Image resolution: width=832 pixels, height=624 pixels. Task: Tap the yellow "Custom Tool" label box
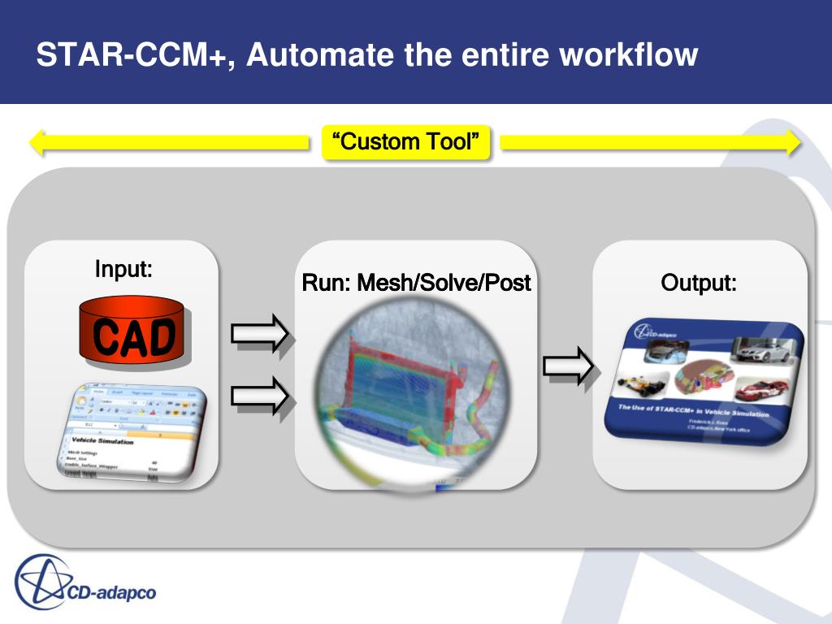click(406, 142)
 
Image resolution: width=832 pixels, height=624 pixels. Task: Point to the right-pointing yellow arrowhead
click(791, 143)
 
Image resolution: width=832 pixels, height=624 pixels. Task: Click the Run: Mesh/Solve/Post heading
click(416, 283)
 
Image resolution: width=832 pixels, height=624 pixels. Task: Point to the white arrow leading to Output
click(569, 365)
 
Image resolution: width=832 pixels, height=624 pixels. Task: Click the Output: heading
click(699, 283)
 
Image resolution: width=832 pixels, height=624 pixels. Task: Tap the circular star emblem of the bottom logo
click(41, 581)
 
